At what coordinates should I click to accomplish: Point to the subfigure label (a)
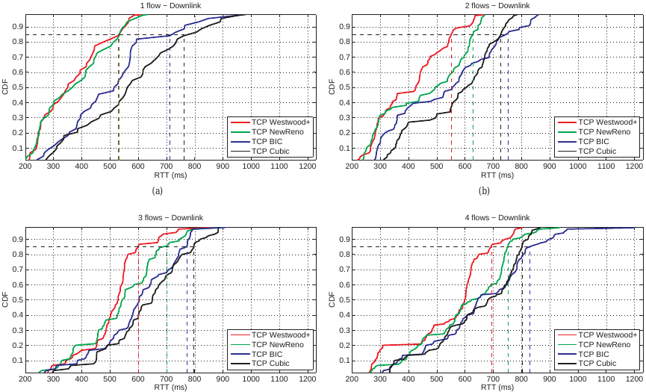point(157,191)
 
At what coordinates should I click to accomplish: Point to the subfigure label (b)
point(484,191)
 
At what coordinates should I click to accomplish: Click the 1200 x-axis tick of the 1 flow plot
point(306,167)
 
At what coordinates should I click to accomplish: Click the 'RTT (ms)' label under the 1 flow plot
point(166,175)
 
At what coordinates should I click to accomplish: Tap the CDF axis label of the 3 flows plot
point(6,299)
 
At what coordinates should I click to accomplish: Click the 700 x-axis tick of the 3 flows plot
point(166,379)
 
